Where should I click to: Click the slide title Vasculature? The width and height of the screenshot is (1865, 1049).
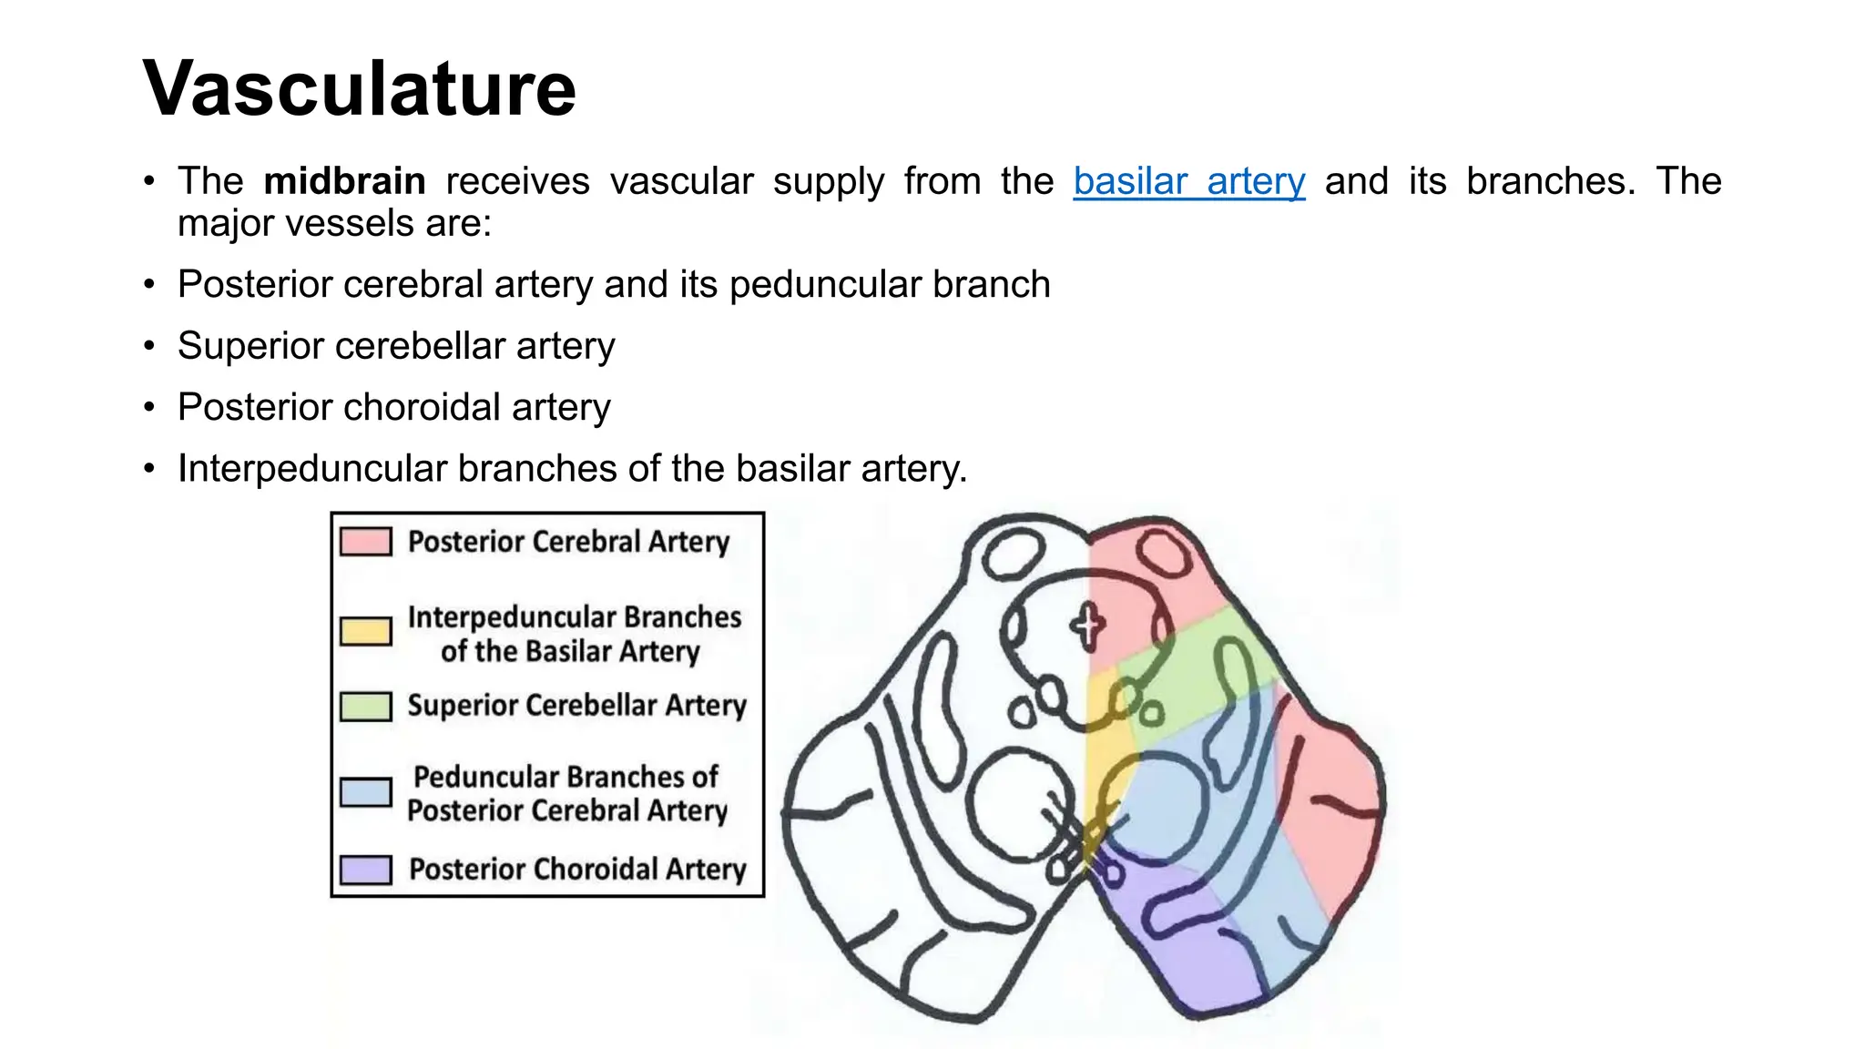360,88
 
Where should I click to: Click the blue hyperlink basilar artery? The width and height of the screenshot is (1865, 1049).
1188,181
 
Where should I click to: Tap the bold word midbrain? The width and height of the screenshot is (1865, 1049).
344,181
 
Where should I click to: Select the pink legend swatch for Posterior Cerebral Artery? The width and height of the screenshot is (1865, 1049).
366,542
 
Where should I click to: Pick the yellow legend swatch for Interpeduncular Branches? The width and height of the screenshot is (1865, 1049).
366,631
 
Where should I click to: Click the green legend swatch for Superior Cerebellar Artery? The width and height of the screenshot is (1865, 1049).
366,707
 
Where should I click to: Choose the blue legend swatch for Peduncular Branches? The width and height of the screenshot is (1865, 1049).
366,792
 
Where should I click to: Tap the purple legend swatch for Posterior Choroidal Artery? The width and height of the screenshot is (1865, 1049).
366,870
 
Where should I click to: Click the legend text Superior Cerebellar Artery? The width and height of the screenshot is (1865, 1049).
576,706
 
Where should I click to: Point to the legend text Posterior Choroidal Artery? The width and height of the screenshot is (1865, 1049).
577,869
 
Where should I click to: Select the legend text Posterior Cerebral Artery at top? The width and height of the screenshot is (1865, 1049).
568,542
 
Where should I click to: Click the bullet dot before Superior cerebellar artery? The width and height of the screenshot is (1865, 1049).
149,347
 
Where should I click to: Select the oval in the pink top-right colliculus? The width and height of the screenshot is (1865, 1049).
1165,552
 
